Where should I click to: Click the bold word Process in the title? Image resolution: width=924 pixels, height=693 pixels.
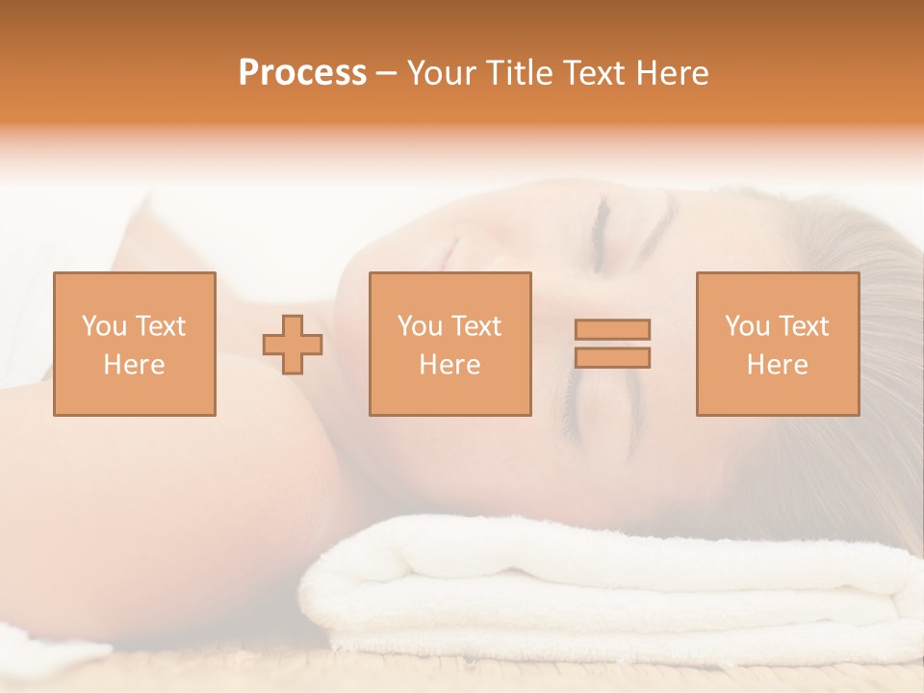click(x=302, y=73)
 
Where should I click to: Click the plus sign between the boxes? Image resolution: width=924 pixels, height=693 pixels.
click(x=293, y=344)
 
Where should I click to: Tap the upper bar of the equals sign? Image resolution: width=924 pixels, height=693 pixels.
click(x=612, y=329)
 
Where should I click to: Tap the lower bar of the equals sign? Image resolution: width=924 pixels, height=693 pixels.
click(x=612, y=357)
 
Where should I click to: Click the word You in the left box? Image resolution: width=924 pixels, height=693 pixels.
click(x=103, y=326)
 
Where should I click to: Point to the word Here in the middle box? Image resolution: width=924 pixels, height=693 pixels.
click(x=449, y=365)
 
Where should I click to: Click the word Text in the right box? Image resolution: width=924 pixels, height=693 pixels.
click(x=804, y=326)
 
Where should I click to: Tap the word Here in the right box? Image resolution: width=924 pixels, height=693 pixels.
click(x=777, y=365)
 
